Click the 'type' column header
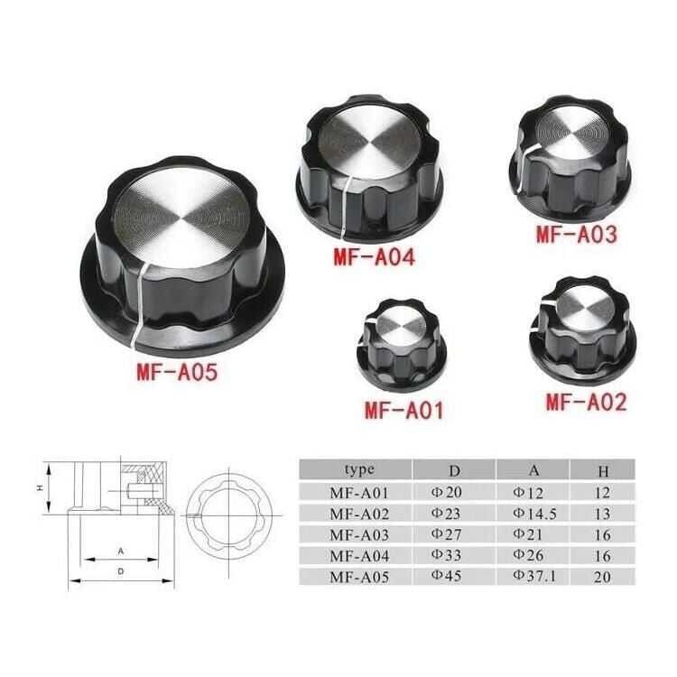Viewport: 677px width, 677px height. point(358,469)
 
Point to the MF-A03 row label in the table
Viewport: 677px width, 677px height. point(358,533)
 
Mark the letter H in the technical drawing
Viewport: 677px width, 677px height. point(41,487)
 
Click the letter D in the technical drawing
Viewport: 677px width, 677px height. point(120,571)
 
